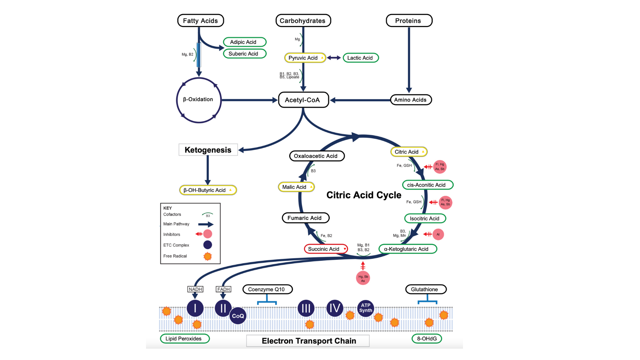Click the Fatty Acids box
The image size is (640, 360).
click(x=200, y=21)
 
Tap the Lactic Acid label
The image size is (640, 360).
click(x=360, y=58)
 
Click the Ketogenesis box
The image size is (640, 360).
click(x=208, y=150)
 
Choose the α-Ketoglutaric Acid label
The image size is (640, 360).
click(x=407, y=249)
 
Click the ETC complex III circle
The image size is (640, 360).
click(x=306, y=308)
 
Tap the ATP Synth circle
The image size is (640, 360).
click(x=366, y=308)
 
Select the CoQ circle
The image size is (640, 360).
click(x=238, y=316)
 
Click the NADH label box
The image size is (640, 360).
click(x=195, y=289)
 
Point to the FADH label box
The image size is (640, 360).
click(x=223, y=289)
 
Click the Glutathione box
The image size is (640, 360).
click(x=426, y=289)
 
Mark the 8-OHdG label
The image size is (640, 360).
click(x=427, y=339)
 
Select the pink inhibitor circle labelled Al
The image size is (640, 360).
click(x=438, y=234)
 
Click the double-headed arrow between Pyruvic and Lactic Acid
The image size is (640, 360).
click(x=334, y=58)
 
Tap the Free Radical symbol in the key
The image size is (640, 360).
click(x=208, y=256)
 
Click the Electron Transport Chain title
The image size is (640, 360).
click(x=308, y=341)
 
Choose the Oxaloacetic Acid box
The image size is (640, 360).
click(x=316, y=156)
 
